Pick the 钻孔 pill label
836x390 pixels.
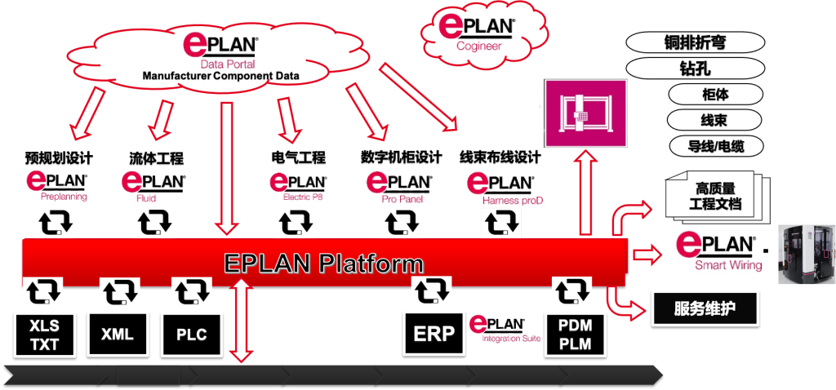[x=695, y=69]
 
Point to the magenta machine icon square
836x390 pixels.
[x=580, y=114]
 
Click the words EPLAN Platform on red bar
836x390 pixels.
[x=324, y=264]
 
